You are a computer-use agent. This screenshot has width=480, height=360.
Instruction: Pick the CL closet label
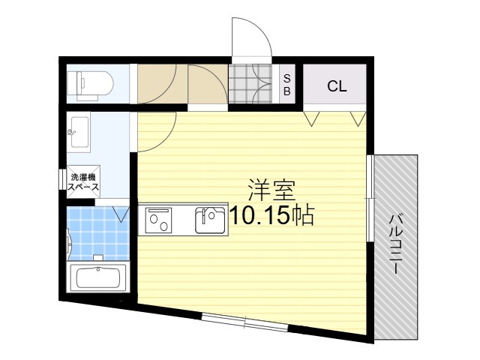[337, 85]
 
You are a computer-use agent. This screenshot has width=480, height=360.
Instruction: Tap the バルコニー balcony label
[396, 244]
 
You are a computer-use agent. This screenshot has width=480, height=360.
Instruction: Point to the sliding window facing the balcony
[370, 198]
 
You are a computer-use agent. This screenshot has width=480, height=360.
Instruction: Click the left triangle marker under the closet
[313, 117]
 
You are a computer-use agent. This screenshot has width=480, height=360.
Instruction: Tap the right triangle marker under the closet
[358, 117]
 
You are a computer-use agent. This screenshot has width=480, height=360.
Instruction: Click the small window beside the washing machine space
[61, 181]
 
